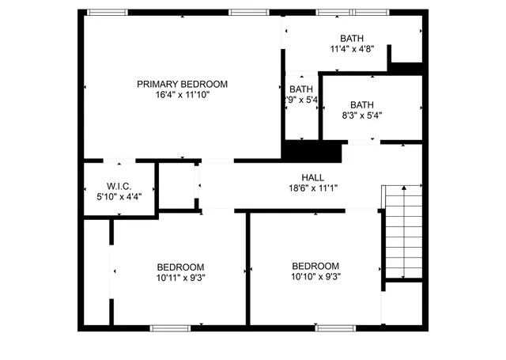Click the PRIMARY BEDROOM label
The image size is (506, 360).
(x=182, y=84)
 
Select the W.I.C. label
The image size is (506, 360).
(x=96, y=187)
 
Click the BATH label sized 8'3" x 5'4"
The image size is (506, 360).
(x=362, y=104)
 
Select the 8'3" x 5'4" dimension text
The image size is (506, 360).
(x=362, y=116)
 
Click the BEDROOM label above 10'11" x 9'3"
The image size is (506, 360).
(x=180, y=267)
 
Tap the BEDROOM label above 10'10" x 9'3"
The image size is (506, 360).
(x=315, y=266)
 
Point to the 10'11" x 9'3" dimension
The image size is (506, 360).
(x=180, y=277)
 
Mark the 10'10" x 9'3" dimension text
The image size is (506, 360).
(x=315, y=277)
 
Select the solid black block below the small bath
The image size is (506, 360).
(x=312, y=150)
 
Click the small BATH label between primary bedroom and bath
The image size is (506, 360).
(x=301, y=89)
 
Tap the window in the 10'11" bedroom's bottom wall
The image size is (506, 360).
(x=170, y=327)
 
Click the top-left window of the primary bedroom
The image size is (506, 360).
(x=107, y=12)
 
